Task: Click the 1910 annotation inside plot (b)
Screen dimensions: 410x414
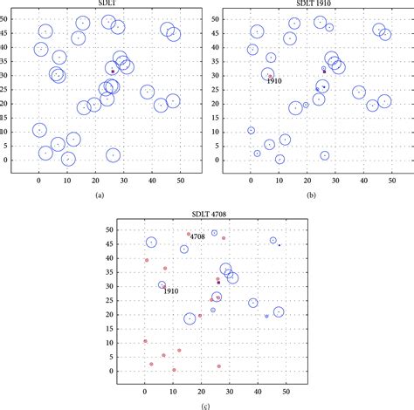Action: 274,81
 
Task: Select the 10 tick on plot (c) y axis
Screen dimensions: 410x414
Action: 125,342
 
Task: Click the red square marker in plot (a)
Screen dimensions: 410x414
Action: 113,72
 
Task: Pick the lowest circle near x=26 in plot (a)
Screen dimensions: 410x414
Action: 113,155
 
